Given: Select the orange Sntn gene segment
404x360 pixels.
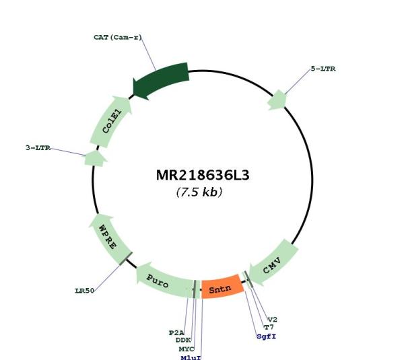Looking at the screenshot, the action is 222,287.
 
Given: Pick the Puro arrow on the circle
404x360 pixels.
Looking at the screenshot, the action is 164,280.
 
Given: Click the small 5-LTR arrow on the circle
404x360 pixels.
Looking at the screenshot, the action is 277,100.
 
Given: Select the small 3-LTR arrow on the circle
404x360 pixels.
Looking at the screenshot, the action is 95,158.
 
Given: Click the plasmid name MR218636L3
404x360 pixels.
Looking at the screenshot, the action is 203,176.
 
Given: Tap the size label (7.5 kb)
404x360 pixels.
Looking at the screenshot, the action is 199,192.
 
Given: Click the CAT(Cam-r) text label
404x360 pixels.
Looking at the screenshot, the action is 118,37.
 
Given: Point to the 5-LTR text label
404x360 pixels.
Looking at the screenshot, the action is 323,69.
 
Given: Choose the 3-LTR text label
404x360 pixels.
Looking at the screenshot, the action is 38,148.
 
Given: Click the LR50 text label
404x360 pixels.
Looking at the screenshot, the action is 85,291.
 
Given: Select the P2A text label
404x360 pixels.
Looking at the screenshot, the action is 176,332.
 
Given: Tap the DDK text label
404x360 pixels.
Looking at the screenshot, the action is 183,340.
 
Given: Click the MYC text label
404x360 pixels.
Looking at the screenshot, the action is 187,349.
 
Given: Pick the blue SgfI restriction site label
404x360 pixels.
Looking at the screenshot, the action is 267,336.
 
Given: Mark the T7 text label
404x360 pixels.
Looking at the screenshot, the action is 269,327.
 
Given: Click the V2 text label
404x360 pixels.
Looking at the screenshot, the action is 272,320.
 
